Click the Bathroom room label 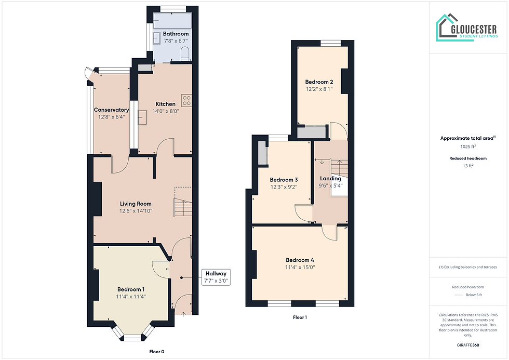click(176, 34)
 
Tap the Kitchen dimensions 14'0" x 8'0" click(166, 111)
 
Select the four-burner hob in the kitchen click(186, 100)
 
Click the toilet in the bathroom click(185, 54)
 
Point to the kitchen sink click(142, 117)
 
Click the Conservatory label click(111, 110)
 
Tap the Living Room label click(136, 204)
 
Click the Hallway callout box click(216, 277)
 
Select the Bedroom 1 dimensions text click(131, 297)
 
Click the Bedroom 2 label click(319, 82)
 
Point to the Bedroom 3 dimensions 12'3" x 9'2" click(284, 186)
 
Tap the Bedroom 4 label click(300, 260)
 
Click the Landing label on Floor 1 click(330, 179)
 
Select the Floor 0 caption click(157, 352)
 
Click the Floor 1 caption click(300, 317)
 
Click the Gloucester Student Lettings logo click(466, 28)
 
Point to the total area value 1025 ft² click(468, 146)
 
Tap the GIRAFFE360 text click(468, 345)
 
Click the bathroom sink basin click(157, 38)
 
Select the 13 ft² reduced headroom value click(468, 166)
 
